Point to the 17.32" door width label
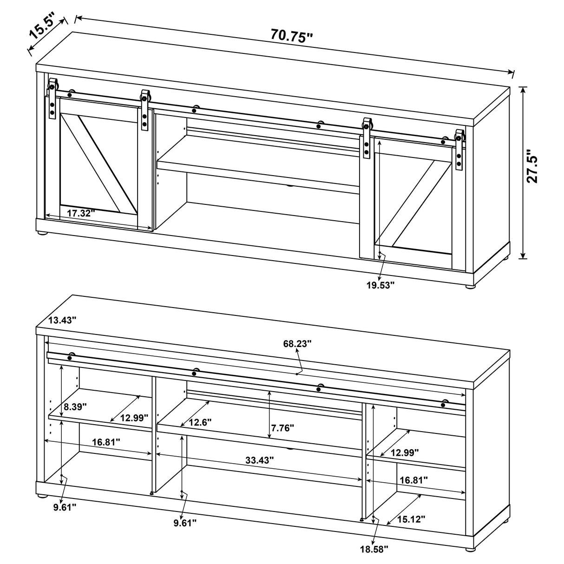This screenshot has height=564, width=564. pyautogui.click(x=80, y=213)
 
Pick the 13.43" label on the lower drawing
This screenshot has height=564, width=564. pyautogui.click(x=62, y=320)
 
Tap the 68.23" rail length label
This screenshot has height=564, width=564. pyautogui.click(x=297, y=343)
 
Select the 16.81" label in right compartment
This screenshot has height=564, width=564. pyautogui.click(x=413, y=479)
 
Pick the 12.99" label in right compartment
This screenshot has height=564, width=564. pyautogui.click(x=404, y=452)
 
